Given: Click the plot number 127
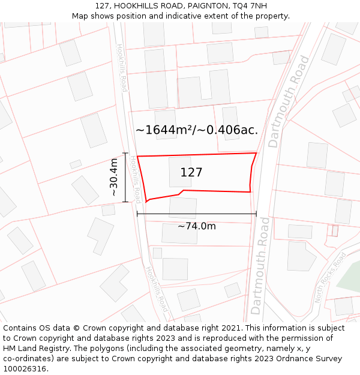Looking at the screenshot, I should click(191, 173).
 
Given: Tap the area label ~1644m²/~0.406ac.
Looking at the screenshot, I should click(197, 130).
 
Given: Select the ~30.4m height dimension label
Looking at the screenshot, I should click(114, 178).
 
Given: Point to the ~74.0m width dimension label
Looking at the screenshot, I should click(196, 226).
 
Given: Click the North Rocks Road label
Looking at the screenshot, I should click(331, 278).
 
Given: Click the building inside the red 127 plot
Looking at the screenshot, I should click(180, 172).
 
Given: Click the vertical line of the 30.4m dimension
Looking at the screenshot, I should click(125, 177).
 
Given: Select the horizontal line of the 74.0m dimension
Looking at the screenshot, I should click(196, 213).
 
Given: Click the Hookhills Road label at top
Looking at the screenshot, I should click(122, 67).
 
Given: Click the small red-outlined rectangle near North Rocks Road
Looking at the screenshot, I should click(335, 230).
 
